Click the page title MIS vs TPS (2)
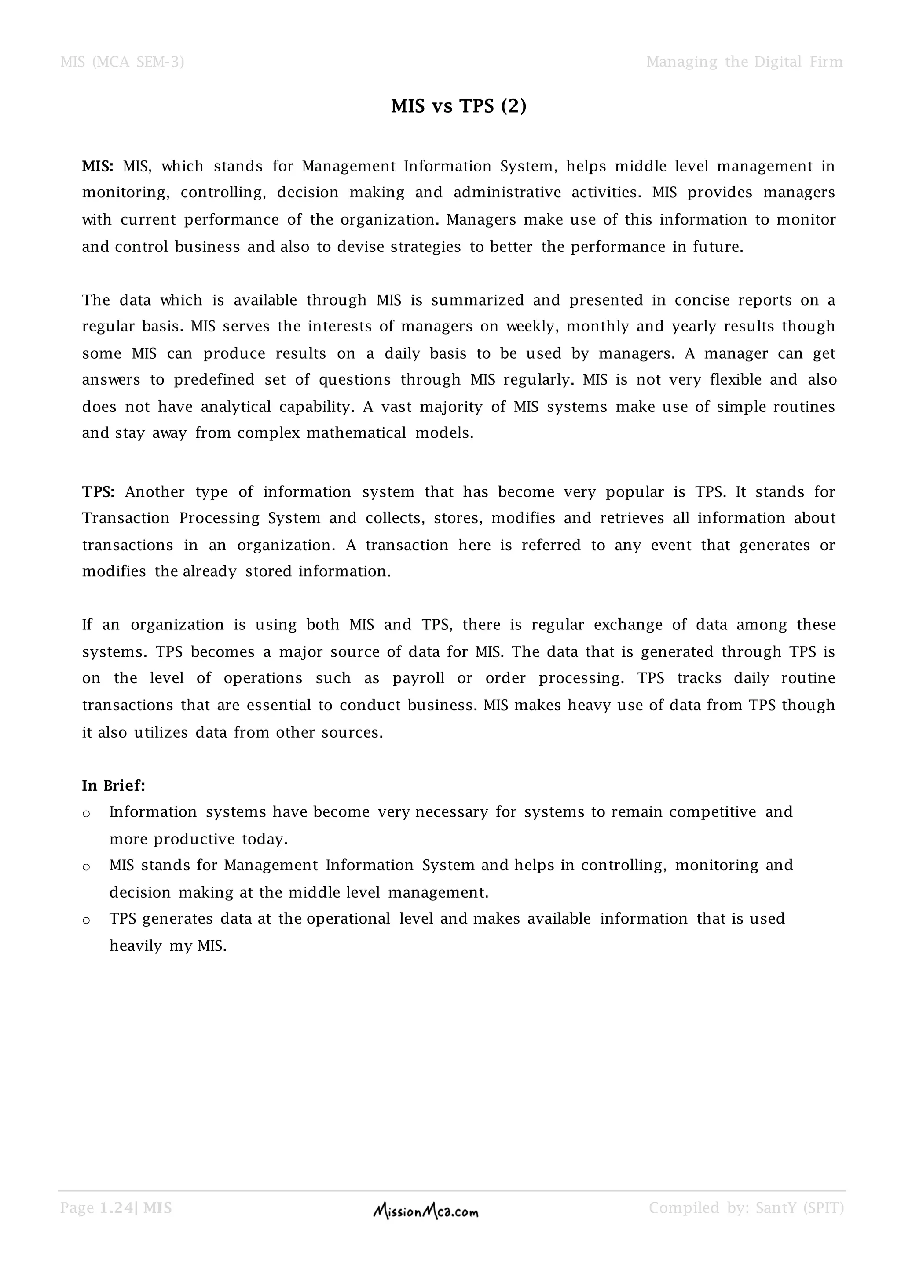coord(458,106)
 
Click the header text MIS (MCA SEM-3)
coord(122,62)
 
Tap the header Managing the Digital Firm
coord(744,62)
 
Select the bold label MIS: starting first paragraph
coord(98,166)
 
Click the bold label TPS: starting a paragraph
coord(98,492)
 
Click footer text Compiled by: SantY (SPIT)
coord(746,1208)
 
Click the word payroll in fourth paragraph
coord(419,678)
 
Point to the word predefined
coord(214,380)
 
